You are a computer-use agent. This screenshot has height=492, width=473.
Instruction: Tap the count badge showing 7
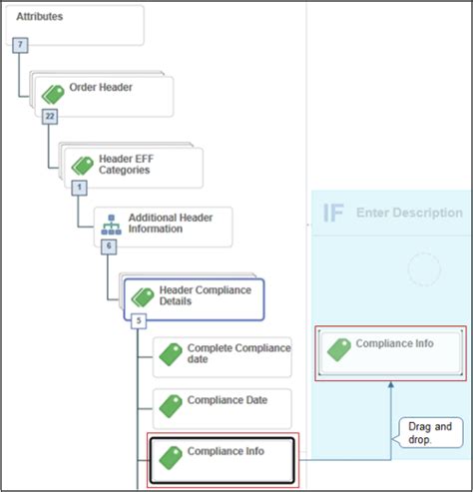(x=20, y=46)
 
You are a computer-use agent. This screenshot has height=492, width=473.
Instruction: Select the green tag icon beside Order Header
(x=53, y=94)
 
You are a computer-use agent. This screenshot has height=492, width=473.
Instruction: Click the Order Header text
(x=101, y=87)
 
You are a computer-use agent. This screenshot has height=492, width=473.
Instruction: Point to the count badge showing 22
(x=50, y=117)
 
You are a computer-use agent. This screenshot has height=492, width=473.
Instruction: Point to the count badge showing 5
(x=139, y=320)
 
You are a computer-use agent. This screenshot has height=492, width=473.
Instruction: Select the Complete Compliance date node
(x=238, y=353)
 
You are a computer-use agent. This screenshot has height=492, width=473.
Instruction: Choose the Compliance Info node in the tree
(x=226, y=452)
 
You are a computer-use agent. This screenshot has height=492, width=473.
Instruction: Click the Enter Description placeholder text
(x=409, y=213)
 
